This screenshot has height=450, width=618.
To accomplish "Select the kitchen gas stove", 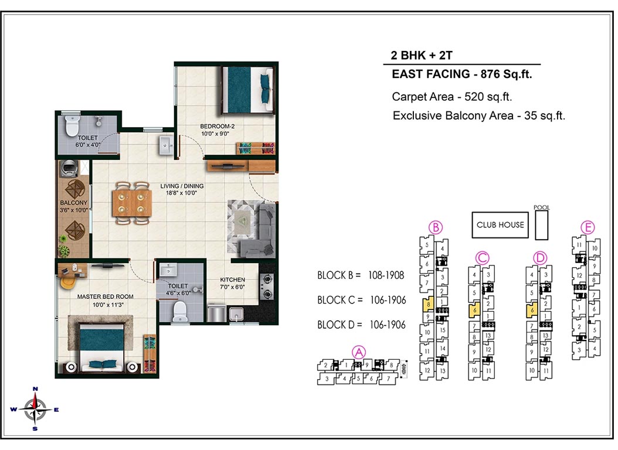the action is (x=267, y=286).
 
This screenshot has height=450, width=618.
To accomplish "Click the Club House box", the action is (x=500, y=225).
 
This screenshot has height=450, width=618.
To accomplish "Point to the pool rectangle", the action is (x=542, y=225).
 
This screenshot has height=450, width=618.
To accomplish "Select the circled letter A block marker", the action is (x=359, y=352).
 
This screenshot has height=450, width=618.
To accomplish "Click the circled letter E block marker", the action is (x=588, y=227).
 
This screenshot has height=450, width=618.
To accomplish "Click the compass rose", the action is (x=35, y=410).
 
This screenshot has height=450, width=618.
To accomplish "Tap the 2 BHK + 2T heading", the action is (x=422, y=56).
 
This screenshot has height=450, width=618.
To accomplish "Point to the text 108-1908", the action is (x=386, y=275).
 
